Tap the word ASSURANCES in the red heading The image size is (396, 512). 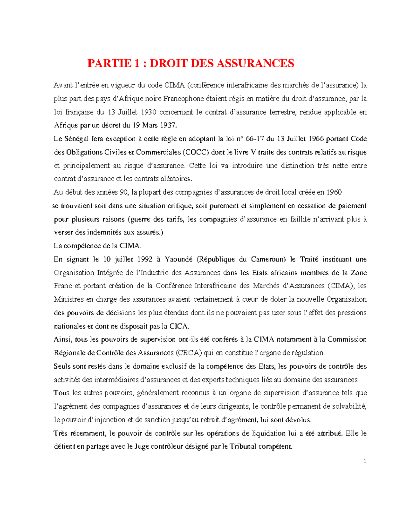coord(255,63)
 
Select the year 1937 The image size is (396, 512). coord(169,125)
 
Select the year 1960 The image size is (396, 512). coord(334,192)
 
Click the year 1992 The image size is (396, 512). coord(145,259)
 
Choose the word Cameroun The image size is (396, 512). coord(268,259)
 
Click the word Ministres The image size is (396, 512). coord(69,299)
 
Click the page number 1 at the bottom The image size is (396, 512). coord(365,461)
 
